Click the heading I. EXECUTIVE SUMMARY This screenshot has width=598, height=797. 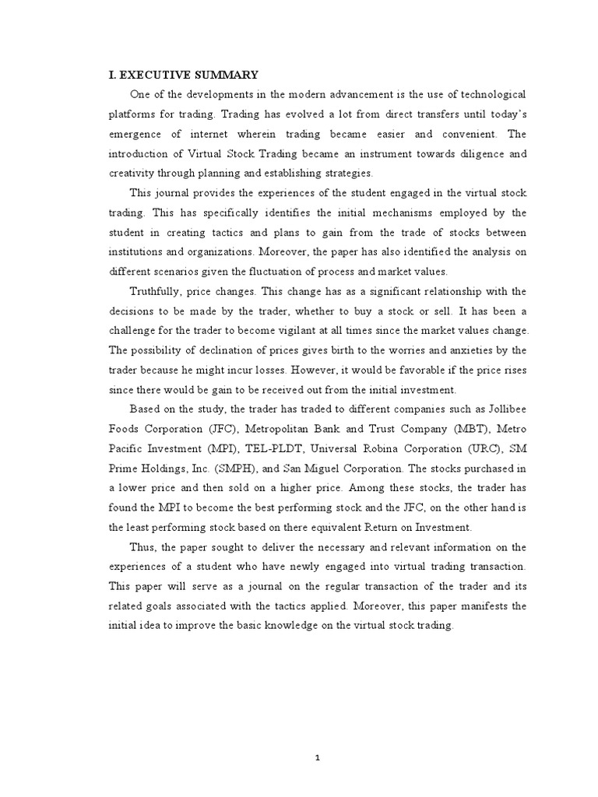click(181, 75)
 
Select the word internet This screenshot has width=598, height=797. click(195, 132)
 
